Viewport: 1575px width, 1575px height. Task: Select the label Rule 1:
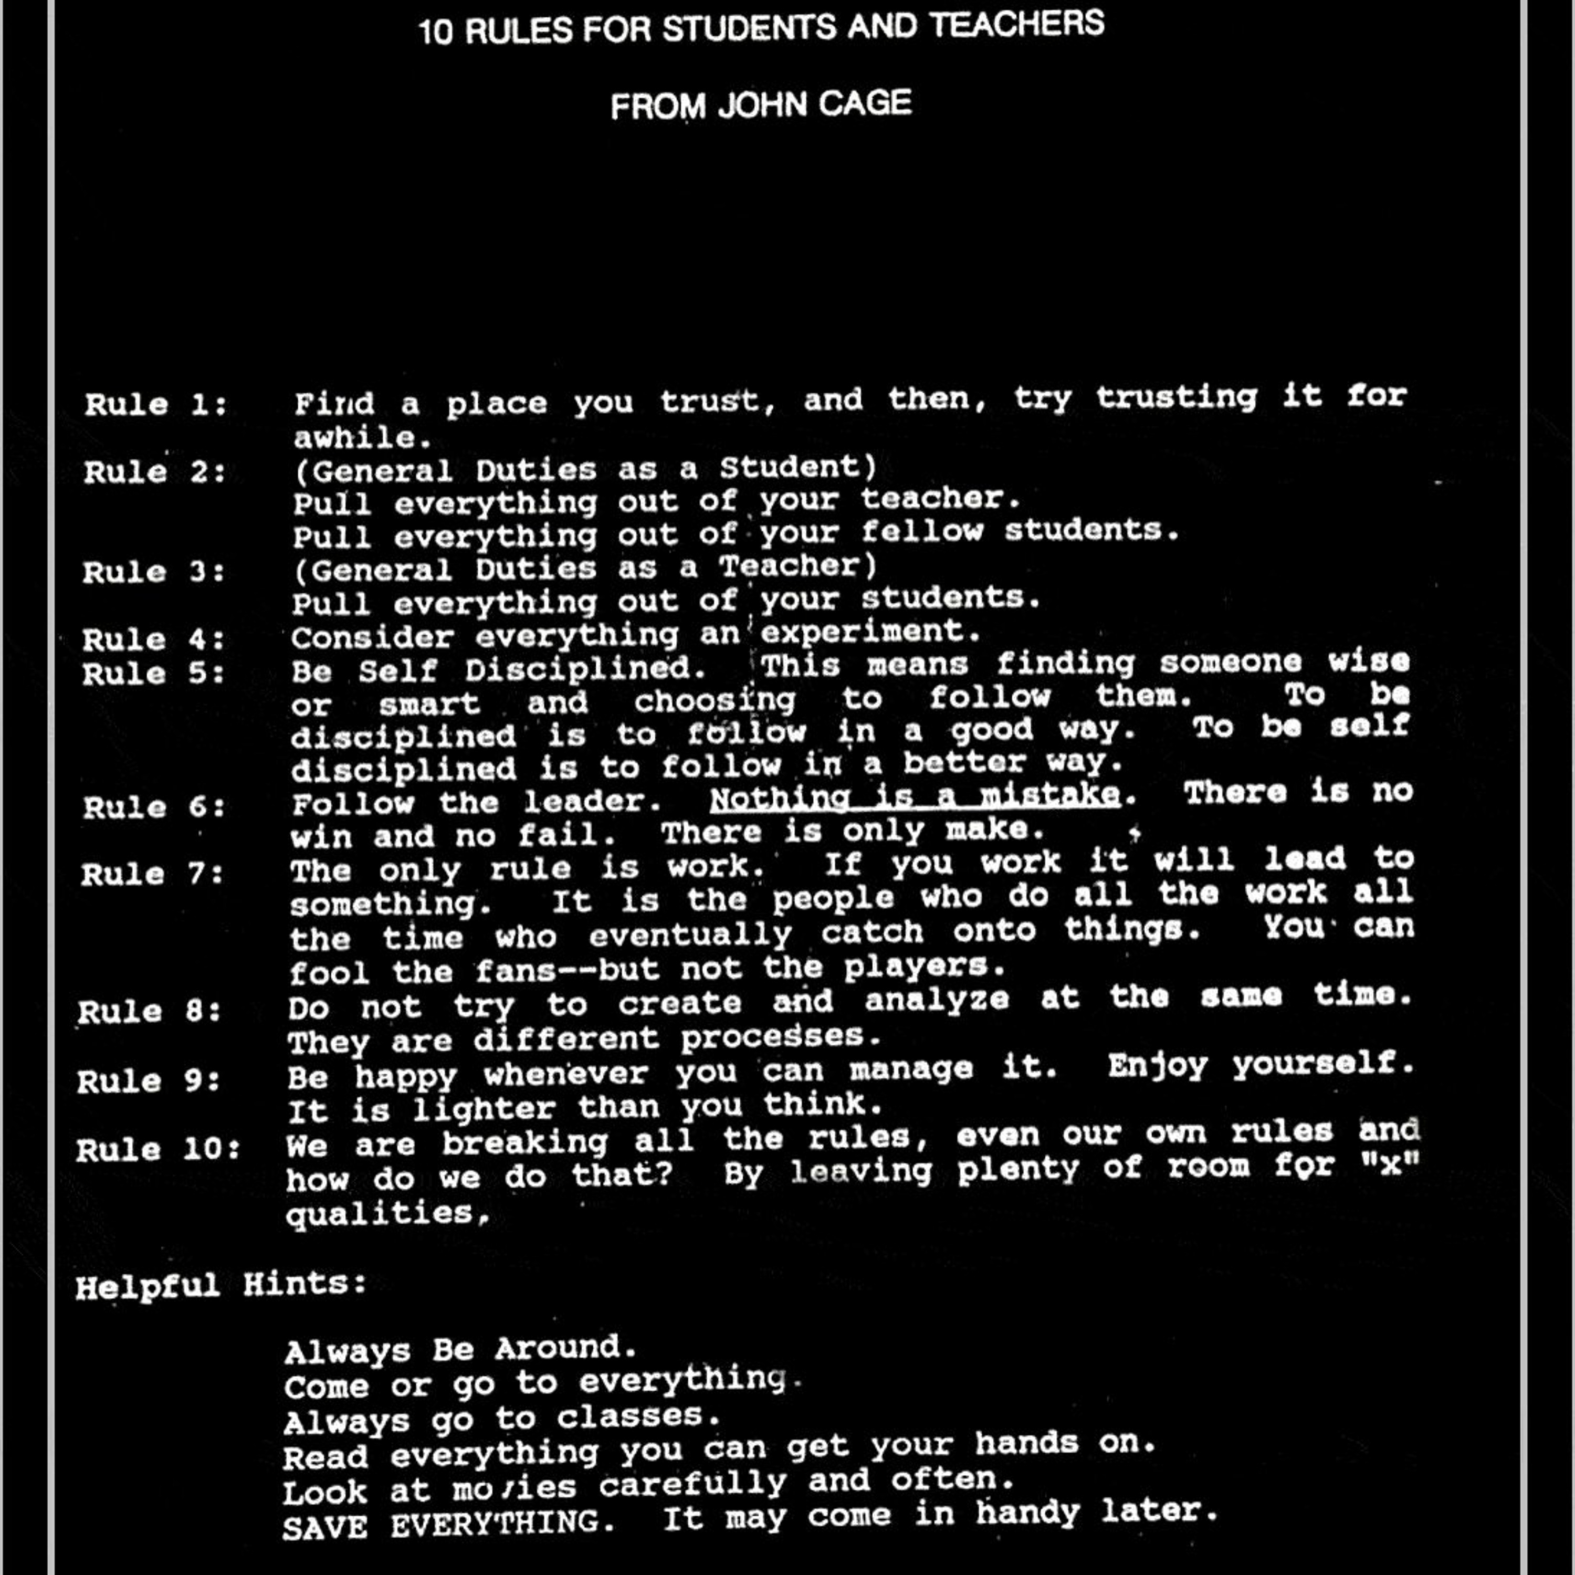pyautogui.click(x=156, y=404)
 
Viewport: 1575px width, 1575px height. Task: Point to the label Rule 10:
pyautogui.click(x=158, y=1149)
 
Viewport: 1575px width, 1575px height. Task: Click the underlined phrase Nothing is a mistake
pyautogui.click(x=915, y=796)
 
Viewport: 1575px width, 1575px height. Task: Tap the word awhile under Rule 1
pyautogui.click(x=361, y=438)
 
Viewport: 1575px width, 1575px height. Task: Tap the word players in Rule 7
pyautogui.click(x=923, y=967)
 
